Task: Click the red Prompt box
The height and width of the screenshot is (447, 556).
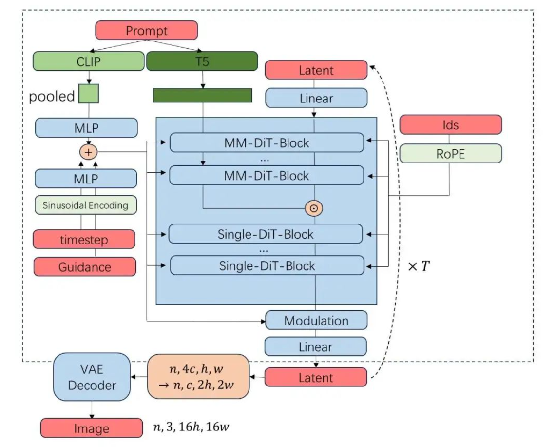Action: (x=146, y=31)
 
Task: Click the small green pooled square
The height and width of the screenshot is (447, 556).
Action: (x=89, y=94)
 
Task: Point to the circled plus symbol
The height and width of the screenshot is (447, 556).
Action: (x=88, y=152)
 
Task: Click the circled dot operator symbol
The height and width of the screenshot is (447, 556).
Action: (x=314, y=208)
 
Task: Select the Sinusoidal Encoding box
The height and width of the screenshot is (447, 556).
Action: (x=85, y=205)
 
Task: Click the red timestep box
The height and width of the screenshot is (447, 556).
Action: (x=84, y=240)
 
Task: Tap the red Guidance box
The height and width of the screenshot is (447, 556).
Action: (x=84, y=267)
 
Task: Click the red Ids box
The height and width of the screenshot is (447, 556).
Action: (x=450, y=125)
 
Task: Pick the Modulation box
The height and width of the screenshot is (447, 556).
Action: (x=316, y=321)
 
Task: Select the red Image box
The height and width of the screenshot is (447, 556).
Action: (x=91, y=428)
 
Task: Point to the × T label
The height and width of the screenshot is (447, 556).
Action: (x=419, y=266)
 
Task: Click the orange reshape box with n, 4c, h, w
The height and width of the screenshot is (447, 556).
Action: (x=198, y=376)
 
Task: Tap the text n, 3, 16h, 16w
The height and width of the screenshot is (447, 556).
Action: (x=191, y=428)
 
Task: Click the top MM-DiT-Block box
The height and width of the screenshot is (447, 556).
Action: (x=267, y=143)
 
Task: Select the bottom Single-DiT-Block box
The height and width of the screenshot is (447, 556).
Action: (x=267, y=266)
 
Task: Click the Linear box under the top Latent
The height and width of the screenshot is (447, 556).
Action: (x=316, y=98)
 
